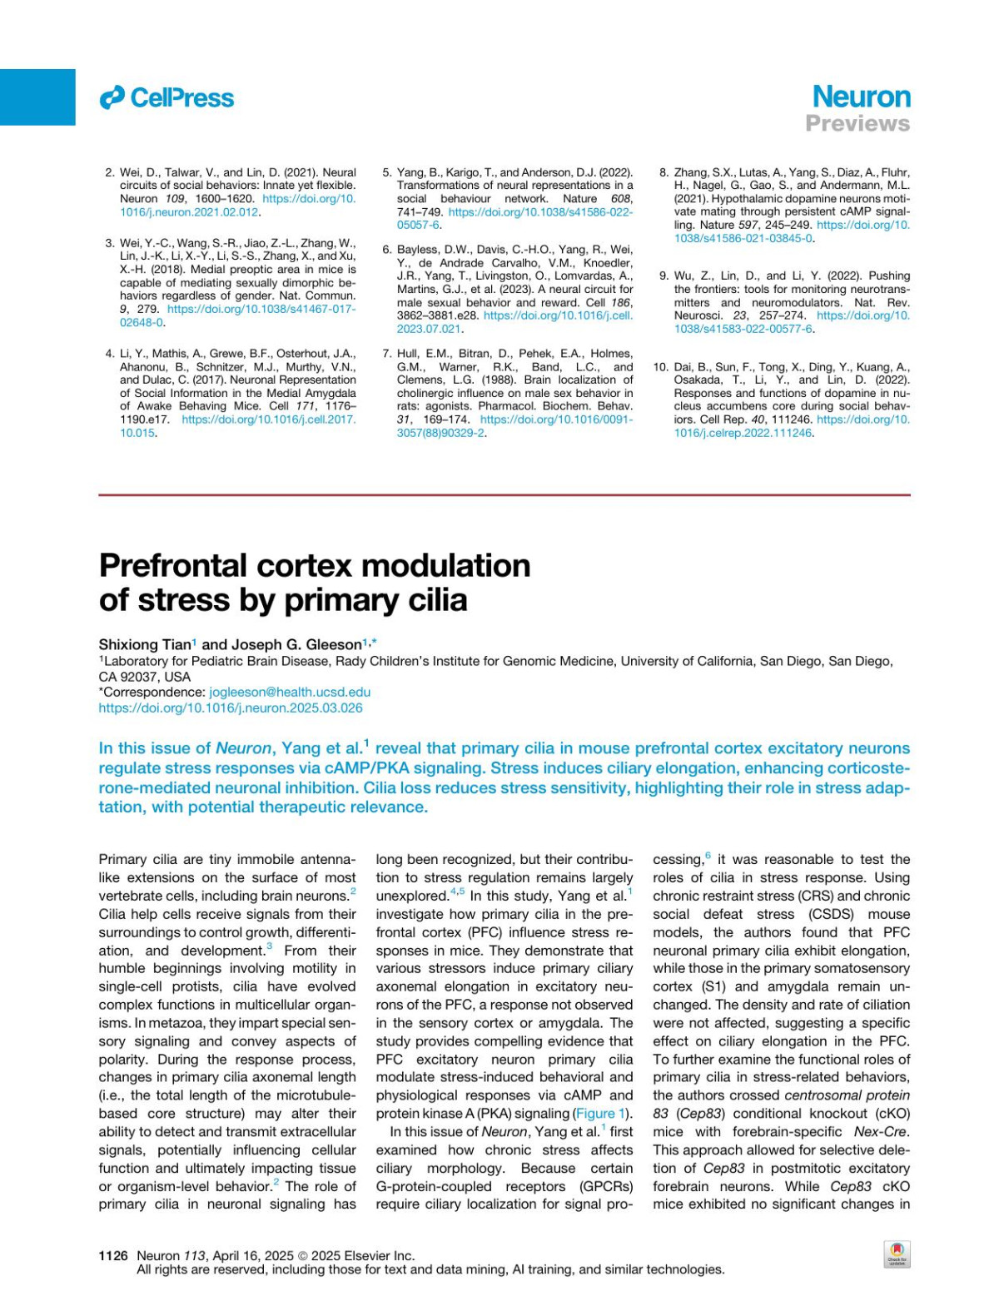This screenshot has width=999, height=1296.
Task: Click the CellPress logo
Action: tap(166, 98)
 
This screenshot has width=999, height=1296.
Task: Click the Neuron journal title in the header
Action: tap(861, 97)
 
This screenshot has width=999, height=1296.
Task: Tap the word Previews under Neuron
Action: tap(857, 124)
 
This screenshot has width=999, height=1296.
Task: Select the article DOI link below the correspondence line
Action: tap(231, 708)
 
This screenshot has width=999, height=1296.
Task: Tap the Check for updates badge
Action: tap(897, 1254)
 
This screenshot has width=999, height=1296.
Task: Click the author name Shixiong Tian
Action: tap(145, 644)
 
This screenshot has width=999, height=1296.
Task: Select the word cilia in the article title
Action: tap(430, 600)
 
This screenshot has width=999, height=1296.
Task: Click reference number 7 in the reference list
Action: tap(387, 354)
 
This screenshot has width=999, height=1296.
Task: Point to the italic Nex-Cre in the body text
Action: tap(882, 1132)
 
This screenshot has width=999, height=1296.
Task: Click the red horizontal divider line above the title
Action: tap(504, 495)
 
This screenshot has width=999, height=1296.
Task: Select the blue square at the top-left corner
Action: tap(37, 97)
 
